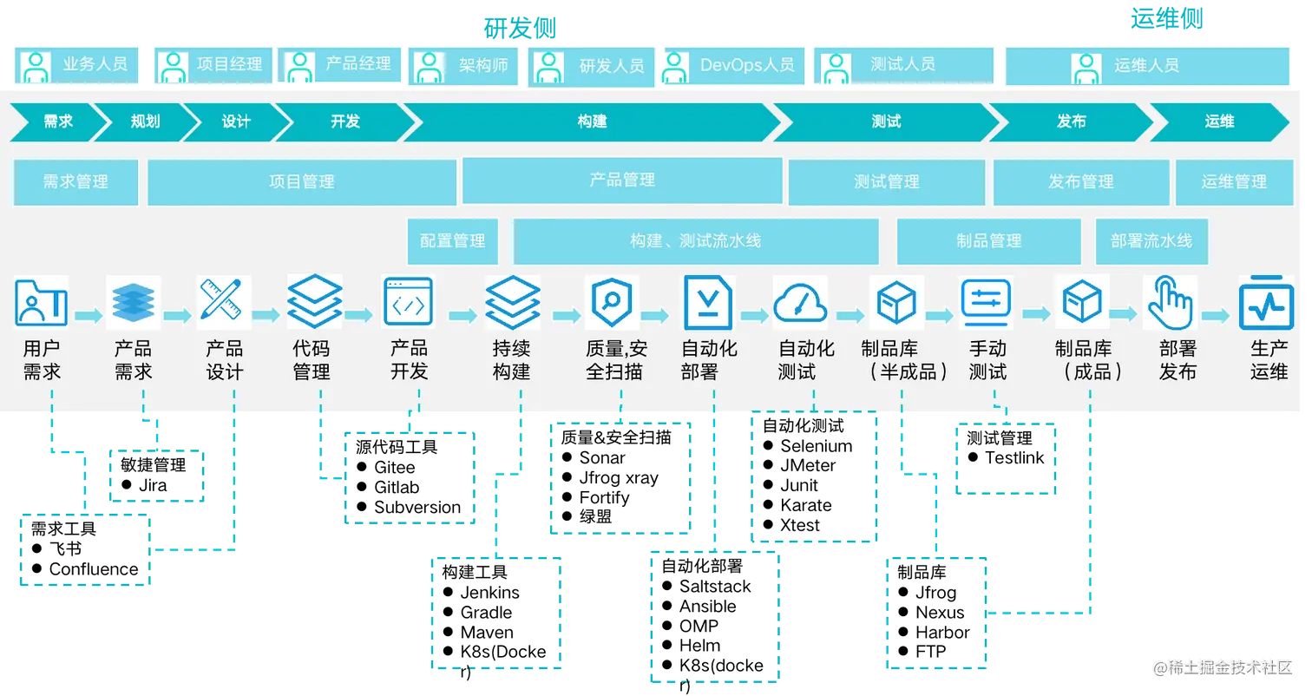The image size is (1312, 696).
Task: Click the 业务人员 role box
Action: pyautogui.click(x=76, y=65)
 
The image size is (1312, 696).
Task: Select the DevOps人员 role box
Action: pyautogui.click(x=733, y=66)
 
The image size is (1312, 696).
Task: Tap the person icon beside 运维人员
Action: pyautogui.click(x=1086, y=66)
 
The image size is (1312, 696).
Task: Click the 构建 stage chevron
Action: pyautogui.click(x=592, y=121)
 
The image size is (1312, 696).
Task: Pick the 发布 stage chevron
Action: pyautogui.click(x=1071, y=121)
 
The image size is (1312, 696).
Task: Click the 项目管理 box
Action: pyautogui.click(x=301, y=181)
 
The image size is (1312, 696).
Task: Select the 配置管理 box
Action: pyautogui.click(x=452, y=241)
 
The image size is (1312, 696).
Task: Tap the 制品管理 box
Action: pyautogui.click(x=988, y=241)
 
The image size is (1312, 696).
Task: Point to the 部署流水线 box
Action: pyautogui.click(x=1151, y=241)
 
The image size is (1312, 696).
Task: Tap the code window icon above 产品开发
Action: pyautogui.click(x=408, y=302)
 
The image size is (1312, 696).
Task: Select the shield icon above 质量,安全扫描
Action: pyautogui.click(x=612, y=302)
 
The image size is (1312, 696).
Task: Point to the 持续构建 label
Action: pyautogui.click(x=511, y=360)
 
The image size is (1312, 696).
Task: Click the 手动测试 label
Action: pyautogui.click(x=987, y=360)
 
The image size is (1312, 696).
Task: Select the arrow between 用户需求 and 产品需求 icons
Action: pyautogui.click(x=87, y=315)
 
